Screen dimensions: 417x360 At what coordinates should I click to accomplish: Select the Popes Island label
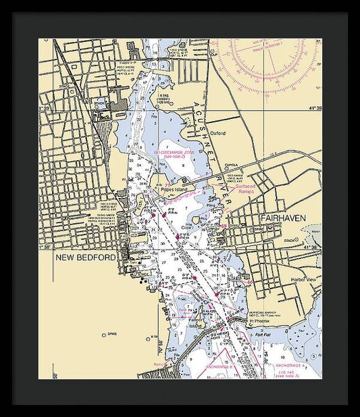174,190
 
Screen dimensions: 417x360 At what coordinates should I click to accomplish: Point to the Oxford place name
217,133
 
